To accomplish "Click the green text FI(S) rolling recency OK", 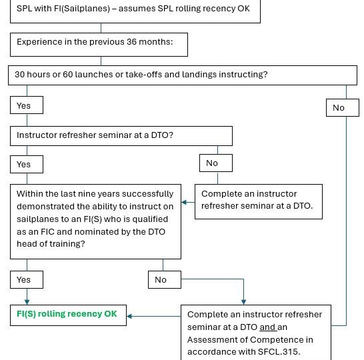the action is coord(67,314).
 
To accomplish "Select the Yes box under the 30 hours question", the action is coord(27,105).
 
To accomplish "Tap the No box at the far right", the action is coord(343,108).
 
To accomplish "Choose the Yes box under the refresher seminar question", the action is coord(27,164).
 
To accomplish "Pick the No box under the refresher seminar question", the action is coord(216,163).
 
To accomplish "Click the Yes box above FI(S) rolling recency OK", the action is coord(27,280).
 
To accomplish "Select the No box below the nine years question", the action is coord(165,280).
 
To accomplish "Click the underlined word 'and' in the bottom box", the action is coord(267,327).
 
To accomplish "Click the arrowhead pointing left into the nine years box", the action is coord(184,203).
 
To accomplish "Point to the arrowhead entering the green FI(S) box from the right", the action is coord(129,316).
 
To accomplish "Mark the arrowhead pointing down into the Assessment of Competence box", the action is coord(243,302).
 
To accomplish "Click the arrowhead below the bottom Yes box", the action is coord(27,302).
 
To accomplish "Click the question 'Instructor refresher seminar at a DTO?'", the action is coord(95,135).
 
